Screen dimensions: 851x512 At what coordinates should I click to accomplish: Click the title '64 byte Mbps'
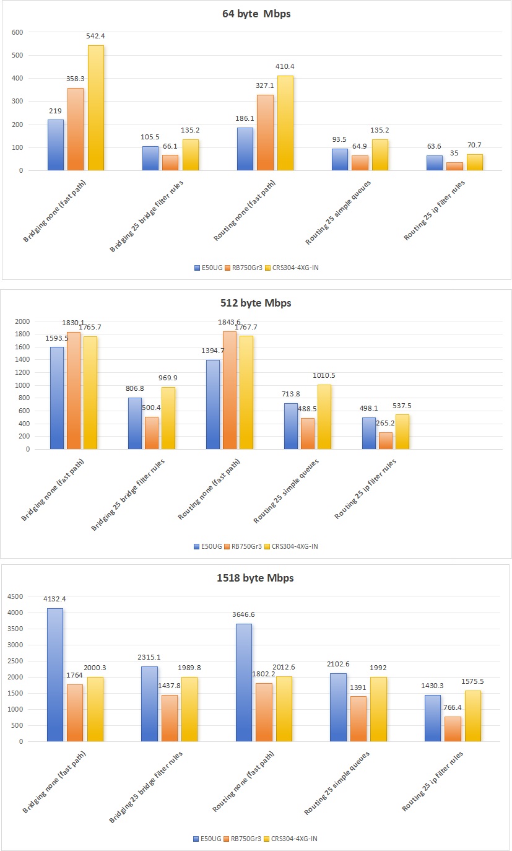(256, 14)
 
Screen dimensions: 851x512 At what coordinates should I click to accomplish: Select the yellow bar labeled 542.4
(96, 108)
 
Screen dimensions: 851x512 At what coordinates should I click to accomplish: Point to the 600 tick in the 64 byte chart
(17, 32)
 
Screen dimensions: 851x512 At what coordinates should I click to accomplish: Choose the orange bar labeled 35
(454, 166)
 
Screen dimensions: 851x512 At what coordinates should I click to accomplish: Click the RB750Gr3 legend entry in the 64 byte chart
(245, 268)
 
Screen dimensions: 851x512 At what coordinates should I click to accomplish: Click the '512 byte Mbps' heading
(256, 303)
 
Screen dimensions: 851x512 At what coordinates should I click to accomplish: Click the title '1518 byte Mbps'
(256, 578)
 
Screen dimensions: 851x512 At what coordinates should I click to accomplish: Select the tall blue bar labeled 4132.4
(55, 674)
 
